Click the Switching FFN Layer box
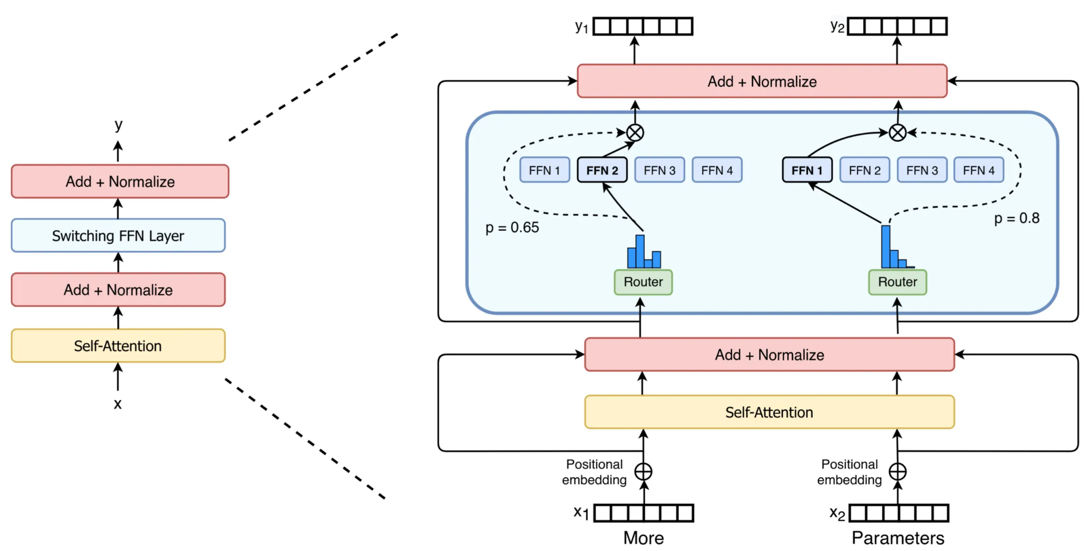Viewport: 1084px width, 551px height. click(x=118, y=235)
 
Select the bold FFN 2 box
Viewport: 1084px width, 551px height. click(x=602, y=170)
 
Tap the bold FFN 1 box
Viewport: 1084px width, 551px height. click(x=807, y=170)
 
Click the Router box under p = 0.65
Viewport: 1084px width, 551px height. click(x=643, y=282)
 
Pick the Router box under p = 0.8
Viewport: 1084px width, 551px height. click(x=897, y=282)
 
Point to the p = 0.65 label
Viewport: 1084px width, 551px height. click(x=512, y=228)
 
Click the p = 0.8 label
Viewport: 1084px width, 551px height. click(x=1017, y=218)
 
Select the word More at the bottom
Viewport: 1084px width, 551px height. click(x=643, y=538)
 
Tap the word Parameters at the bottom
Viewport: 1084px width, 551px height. click(x=897, y=538)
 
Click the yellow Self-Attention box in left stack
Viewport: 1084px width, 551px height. click(x=118, y=345)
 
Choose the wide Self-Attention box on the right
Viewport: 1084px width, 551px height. click(x=769, y=412)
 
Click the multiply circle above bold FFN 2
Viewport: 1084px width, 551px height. click(x=635, y=133)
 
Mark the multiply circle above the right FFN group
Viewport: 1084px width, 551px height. click(x=897, y=133)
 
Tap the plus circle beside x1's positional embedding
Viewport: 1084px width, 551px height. click(x=643, y=471)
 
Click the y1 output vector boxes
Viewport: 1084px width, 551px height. click(x=642, y=26)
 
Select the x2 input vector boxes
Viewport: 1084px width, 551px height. click(x=898, y=513)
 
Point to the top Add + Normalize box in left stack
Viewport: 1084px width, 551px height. click(x=120, y=181)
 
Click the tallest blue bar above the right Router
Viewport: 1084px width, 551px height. click(x=885, y=246)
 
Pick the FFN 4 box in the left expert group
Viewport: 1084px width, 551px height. click(x=717, y=170)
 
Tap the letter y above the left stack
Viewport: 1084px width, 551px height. click(x=118, y=124)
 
